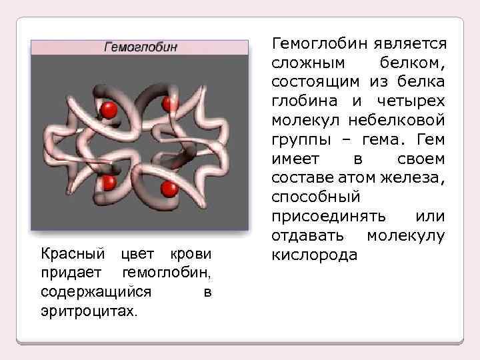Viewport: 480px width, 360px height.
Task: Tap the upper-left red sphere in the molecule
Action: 109,109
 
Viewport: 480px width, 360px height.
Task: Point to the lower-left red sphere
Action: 108,181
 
